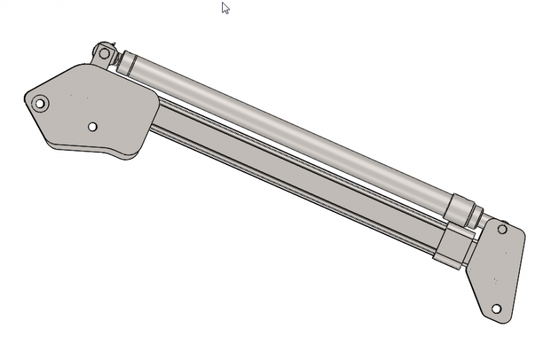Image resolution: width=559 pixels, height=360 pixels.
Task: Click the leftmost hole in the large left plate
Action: click(x=40, y=103)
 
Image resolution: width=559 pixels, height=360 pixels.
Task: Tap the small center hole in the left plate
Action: click(x=92, y=127)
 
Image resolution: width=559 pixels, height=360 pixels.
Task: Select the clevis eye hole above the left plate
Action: click(x=105, y=53)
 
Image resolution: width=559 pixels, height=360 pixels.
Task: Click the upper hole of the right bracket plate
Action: click(x=502, y=229)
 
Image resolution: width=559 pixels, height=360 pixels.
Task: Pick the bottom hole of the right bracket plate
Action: click(x=496, y=308)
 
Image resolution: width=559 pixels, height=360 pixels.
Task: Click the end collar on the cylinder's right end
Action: click(x=458, y=208)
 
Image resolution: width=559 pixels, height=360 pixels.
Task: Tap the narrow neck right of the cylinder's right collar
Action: click(x=475, y=216)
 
